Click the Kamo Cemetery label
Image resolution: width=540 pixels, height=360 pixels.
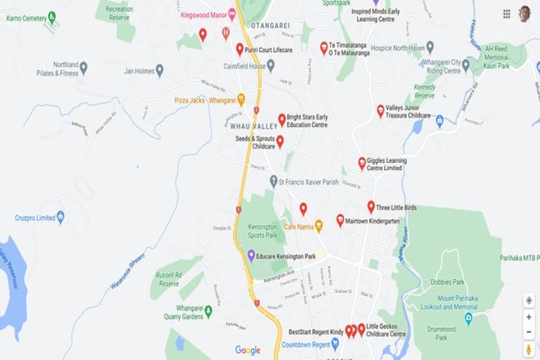25,18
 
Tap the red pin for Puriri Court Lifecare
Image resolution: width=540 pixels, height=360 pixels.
240,49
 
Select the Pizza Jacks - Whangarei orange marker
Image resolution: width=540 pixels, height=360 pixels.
241,100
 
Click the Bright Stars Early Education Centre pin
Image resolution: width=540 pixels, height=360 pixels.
282,120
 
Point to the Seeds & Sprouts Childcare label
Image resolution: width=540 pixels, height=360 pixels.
255,143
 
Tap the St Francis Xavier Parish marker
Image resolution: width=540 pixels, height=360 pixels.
274,181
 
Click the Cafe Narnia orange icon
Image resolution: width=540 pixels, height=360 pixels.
319,226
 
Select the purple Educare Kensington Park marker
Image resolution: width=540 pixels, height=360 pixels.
251,255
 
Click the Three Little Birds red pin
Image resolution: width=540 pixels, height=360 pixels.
371,207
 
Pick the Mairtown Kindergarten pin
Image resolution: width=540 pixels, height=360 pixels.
340,220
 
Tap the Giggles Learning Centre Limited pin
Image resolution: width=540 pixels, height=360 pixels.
362,163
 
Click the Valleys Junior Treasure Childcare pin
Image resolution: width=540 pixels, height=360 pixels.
380,110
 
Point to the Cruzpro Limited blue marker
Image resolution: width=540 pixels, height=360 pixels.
60,217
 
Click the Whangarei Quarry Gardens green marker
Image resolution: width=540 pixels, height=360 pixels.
207,311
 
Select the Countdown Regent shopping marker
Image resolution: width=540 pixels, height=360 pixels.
335,345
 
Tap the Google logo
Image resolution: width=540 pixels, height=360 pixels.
247,350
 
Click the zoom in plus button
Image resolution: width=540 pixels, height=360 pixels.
529,316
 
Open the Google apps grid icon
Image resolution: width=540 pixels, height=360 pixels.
507,13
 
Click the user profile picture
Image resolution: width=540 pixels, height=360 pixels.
525,13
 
